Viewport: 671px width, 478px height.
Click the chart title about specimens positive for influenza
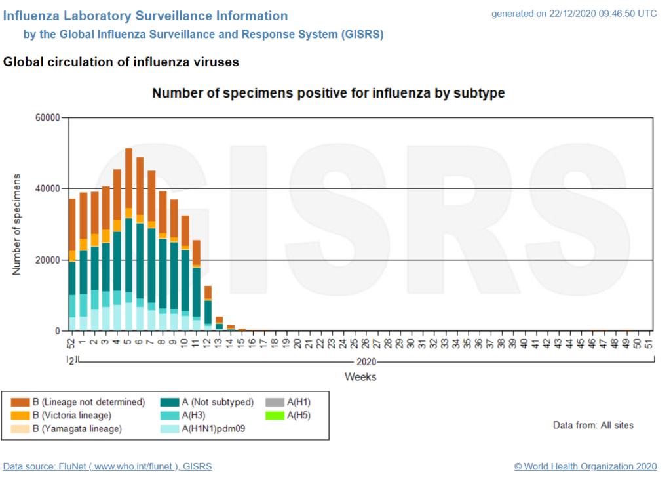tap(328, 93)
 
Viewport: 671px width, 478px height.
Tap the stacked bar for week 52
tap(72, 265)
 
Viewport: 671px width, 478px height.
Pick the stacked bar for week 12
tap(208, 308)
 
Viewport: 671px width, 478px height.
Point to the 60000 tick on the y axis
tap(47, 118)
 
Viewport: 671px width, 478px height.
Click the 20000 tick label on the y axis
tap(47, 260)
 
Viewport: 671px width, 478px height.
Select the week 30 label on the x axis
tap(410, 343)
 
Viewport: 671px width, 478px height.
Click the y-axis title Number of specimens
tap(17, 224)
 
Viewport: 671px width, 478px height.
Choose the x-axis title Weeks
tap(360, 377)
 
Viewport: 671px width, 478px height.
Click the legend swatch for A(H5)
tap(273, 415)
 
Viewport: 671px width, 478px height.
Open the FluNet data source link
tap(107, 466)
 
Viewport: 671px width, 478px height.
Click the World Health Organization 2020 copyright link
tap(585, 466)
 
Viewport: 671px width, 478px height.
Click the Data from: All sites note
tap(593, 425)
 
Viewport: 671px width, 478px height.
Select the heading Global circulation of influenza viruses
tap(121, 62)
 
